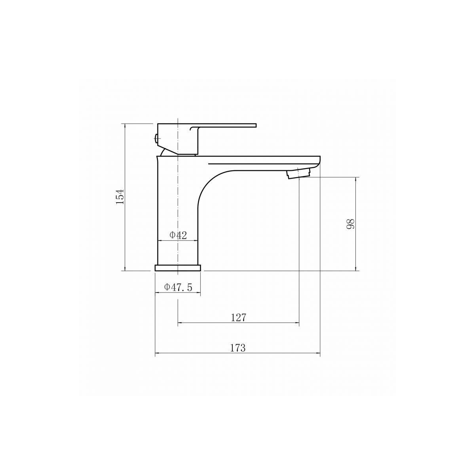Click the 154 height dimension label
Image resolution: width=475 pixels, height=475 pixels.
pos(120,197)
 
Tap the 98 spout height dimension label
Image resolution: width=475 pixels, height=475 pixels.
pos(351,224)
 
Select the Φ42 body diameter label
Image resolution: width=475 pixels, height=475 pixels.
pos(178,235)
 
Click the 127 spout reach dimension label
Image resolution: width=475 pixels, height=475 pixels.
pos(239,318)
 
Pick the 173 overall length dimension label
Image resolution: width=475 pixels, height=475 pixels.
pos(238,348)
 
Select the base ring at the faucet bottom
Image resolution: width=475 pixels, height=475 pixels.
pos(178,268)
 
